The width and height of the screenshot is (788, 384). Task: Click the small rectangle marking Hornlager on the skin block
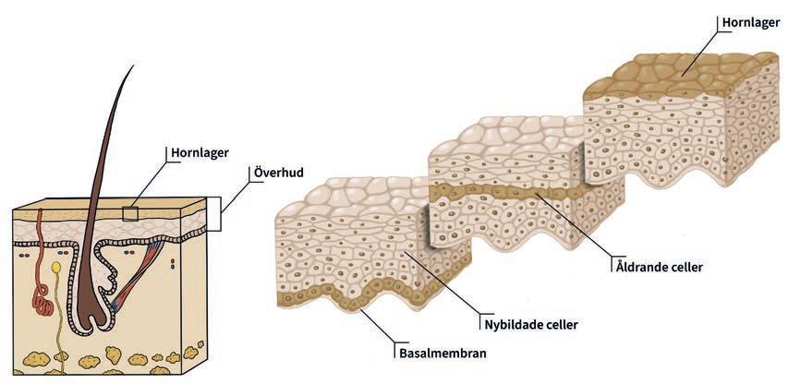point(130,214)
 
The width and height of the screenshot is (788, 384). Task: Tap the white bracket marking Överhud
point(213,214)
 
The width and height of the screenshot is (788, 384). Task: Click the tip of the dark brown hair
point(132,66)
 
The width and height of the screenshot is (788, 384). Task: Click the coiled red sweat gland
point(42,297)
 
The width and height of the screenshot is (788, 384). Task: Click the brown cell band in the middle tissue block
point(517,191)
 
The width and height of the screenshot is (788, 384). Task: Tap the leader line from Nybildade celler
point(443,286)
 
